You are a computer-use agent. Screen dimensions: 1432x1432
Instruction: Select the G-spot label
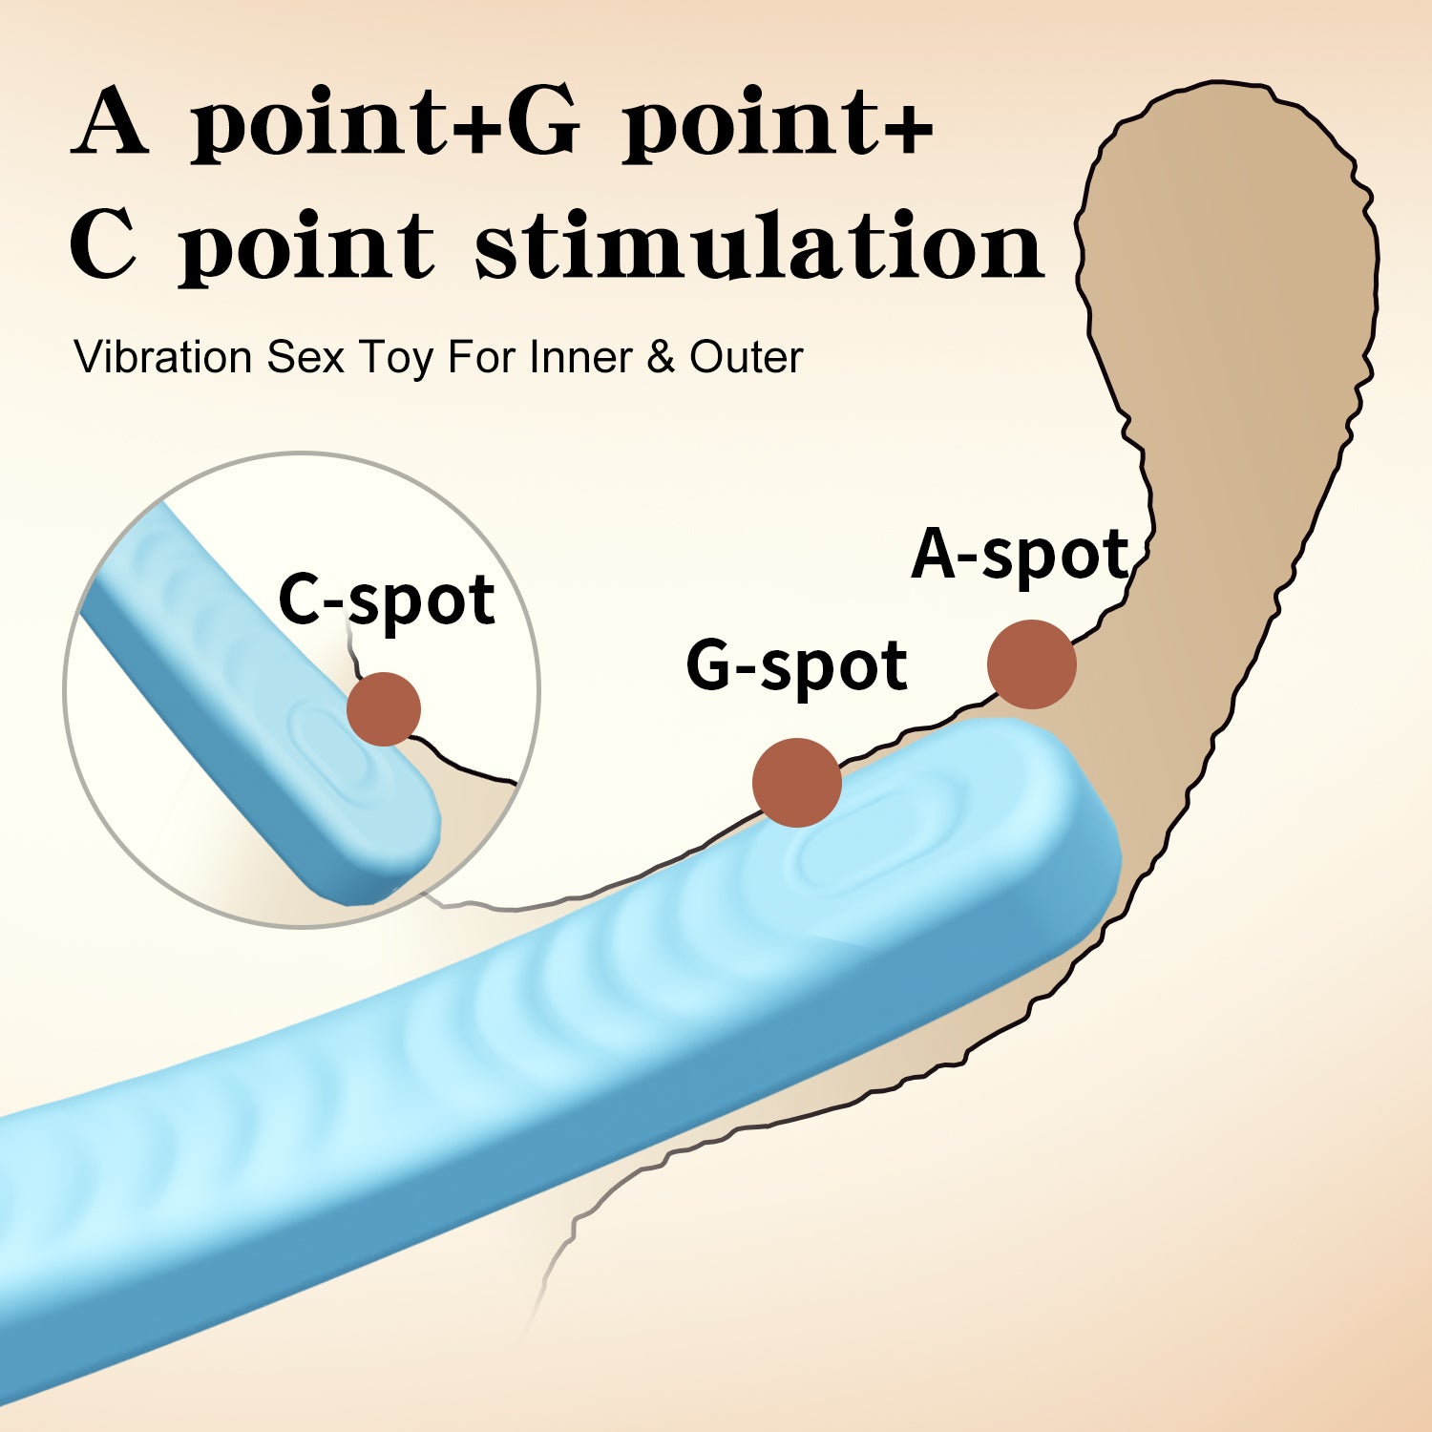point(796,666)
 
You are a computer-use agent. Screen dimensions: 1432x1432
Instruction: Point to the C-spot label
point(387,600)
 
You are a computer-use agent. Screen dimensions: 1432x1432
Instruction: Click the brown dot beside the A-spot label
point(1032,664)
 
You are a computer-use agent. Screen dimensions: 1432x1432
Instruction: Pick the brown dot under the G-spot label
point(796,782)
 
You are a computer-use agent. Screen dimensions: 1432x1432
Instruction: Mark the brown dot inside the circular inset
point(383,708)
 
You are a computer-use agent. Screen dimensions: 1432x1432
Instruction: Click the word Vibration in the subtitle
point(162,358)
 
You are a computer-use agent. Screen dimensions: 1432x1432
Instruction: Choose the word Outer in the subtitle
point(746,358)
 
